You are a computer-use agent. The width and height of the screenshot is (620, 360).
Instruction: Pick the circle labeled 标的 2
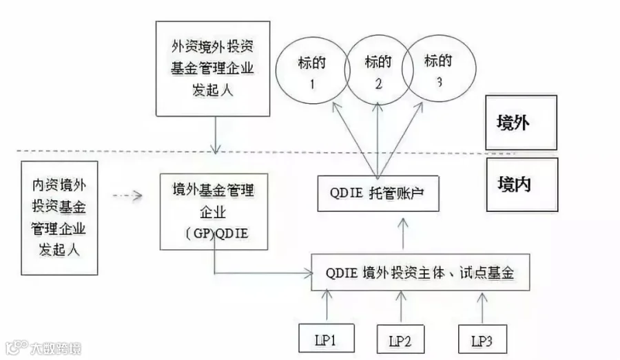click(346, 70)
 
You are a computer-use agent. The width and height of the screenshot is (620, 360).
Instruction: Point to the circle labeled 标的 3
click(475, 68)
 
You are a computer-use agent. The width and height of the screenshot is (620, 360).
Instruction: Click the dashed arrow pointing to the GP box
click(127, 195)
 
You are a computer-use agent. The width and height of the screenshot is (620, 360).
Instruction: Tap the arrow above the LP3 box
click(482, 308)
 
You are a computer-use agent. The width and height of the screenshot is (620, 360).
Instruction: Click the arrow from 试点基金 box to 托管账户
click(403, 233)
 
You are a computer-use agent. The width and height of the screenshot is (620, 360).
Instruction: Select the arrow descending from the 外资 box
click(216, 135)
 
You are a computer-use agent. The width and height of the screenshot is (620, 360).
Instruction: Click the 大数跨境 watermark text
click(56, 348)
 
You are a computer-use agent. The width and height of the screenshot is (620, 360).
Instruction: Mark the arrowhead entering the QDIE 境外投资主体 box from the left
click(309, 273)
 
